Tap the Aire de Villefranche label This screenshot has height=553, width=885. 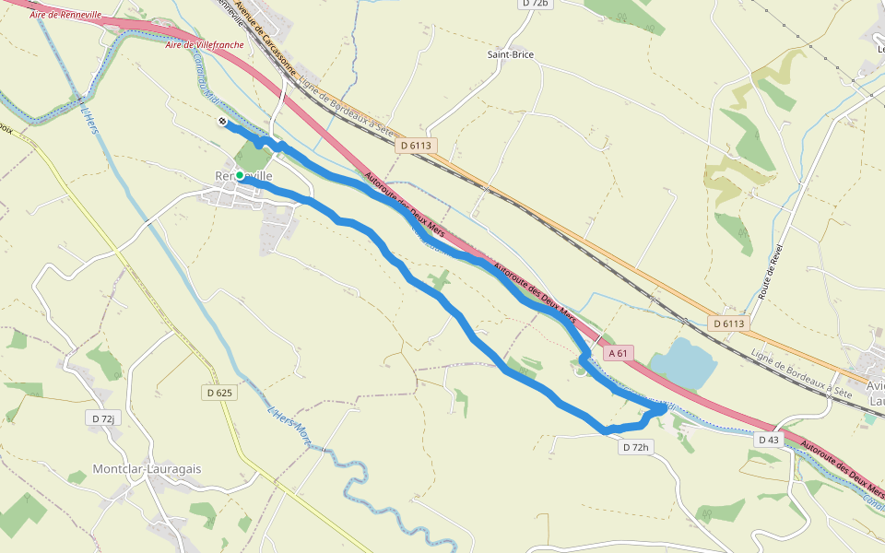click(205, 44)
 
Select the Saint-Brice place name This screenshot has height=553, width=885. click(511, 54)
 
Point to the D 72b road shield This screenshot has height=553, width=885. click(535, 4)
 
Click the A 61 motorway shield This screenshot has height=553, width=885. click(619, 353)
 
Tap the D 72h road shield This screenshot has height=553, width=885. click(636, 447)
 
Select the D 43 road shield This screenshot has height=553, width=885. click(768, 440)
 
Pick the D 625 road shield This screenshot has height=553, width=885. click(219, 393)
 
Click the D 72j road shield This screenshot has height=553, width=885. click(103, 418)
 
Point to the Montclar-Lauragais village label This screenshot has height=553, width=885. click(147, 469)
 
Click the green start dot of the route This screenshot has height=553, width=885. click(239, 175)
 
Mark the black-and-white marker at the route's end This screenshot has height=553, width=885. click(222, 121)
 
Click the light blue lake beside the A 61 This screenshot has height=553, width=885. click(684, 361)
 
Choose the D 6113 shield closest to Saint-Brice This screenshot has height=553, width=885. click(415, 146)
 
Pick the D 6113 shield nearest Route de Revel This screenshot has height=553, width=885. click(728, 324)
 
